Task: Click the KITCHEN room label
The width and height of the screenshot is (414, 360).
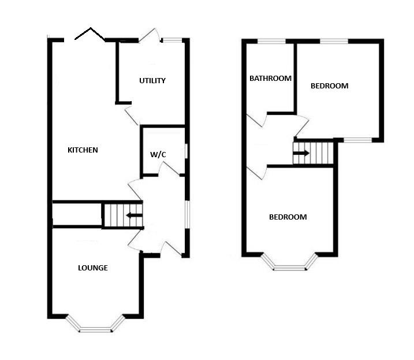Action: (x=83, y=150)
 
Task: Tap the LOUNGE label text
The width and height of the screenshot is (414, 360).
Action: (x=93, y=268)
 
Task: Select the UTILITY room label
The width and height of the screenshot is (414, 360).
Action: (x=152, y=81)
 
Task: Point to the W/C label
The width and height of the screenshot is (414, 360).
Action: (x=158, y=154)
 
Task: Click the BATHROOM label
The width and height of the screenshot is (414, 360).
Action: (x=270, y=79)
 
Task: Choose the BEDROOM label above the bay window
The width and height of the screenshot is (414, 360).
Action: (x=288, y=217)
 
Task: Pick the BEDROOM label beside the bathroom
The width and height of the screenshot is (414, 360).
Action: (x=329, y=86)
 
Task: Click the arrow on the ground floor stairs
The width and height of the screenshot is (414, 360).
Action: (x=134, y=215)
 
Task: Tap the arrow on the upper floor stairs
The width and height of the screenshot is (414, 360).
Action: (x=301, y=153)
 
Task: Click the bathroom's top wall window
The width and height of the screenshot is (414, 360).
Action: (x=271, y=41)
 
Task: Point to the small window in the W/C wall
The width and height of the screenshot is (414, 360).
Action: (x=186, y=151)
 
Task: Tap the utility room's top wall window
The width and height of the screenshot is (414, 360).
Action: (x=172, y=40)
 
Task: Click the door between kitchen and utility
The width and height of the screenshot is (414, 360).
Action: (x=131, y=116)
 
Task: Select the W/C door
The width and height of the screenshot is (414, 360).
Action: (x=169, y=168)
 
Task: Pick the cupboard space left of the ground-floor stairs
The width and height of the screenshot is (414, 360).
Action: (x=77, y=214)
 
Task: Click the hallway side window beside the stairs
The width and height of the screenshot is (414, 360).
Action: (x=187, y=214)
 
